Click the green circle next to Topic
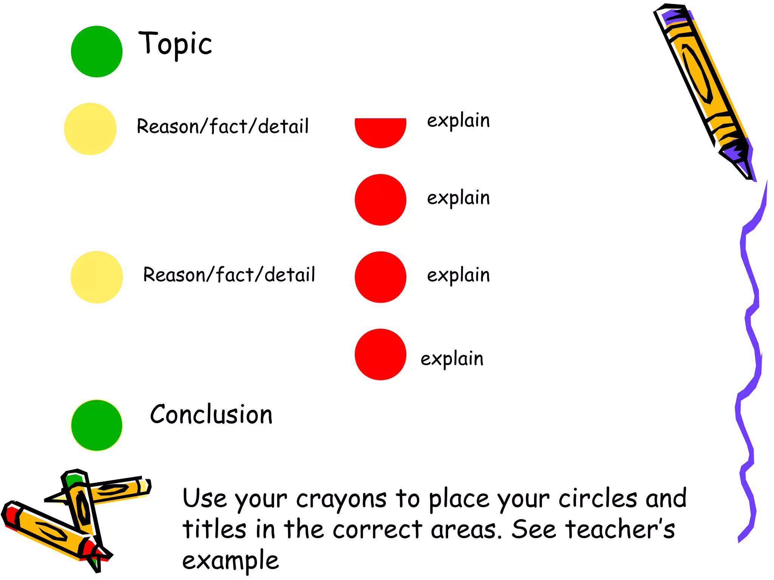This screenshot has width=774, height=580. click(97, 51)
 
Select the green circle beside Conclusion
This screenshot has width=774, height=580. click(97, 425)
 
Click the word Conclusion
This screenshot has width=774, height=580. click(211, 415)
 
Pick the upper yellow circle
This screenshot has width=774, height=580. click(90, 129)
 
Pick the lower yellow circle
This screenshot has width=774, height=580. click(97, 277)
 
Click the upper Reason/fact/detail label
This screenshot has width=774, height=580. click(223, 126)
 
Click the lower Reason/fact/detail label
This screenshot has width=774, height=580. click(229, 275)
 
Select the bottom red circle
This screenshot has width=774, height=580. click(380, 354)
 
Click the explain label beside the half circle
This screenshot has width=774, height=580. click(458, 121)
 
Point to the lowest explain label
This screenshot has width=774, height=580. click(452, 359)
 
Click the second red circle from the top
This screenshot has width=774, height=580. click(380, 200)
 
